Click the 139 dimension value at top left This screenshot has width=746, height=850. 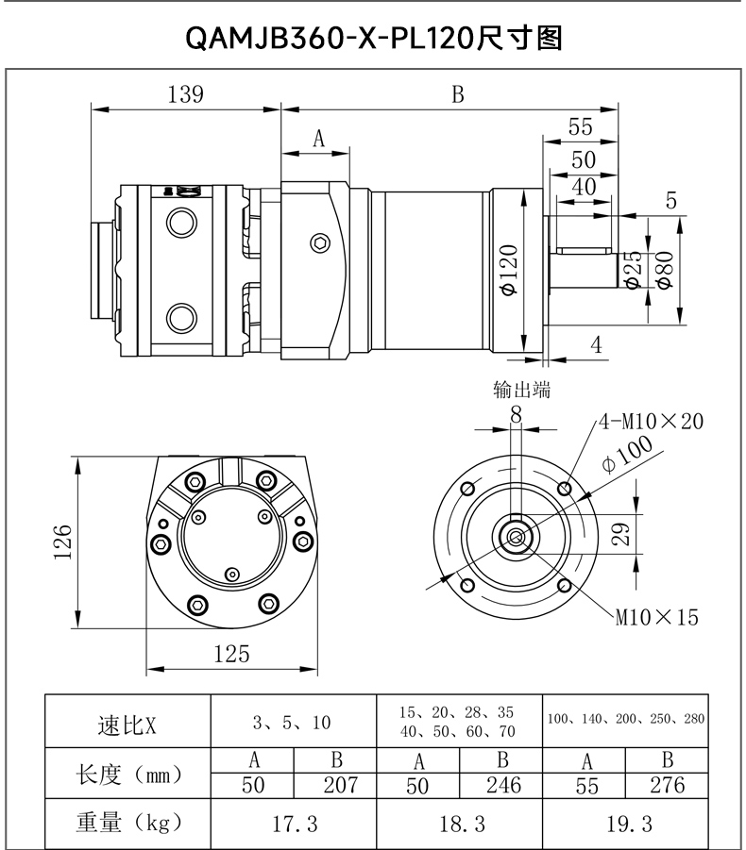pos(185,94)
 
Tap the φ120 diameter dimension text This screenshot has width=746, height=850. pos(509,270)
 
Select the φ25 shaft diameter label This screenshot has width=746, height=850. pos(633,270)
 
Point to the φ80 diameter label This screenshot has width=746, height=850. pos(665,270)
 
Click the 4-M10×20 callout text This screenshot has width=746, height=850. pos(651,421)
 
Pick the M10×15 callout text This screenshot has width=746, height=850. pos(657,617)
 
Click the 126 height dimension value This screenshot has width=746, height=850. pos(63,542)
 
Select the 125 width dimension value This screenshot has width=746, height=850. pos(231,655)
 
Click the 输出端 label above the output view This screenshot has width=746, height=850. pos(522,390)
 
